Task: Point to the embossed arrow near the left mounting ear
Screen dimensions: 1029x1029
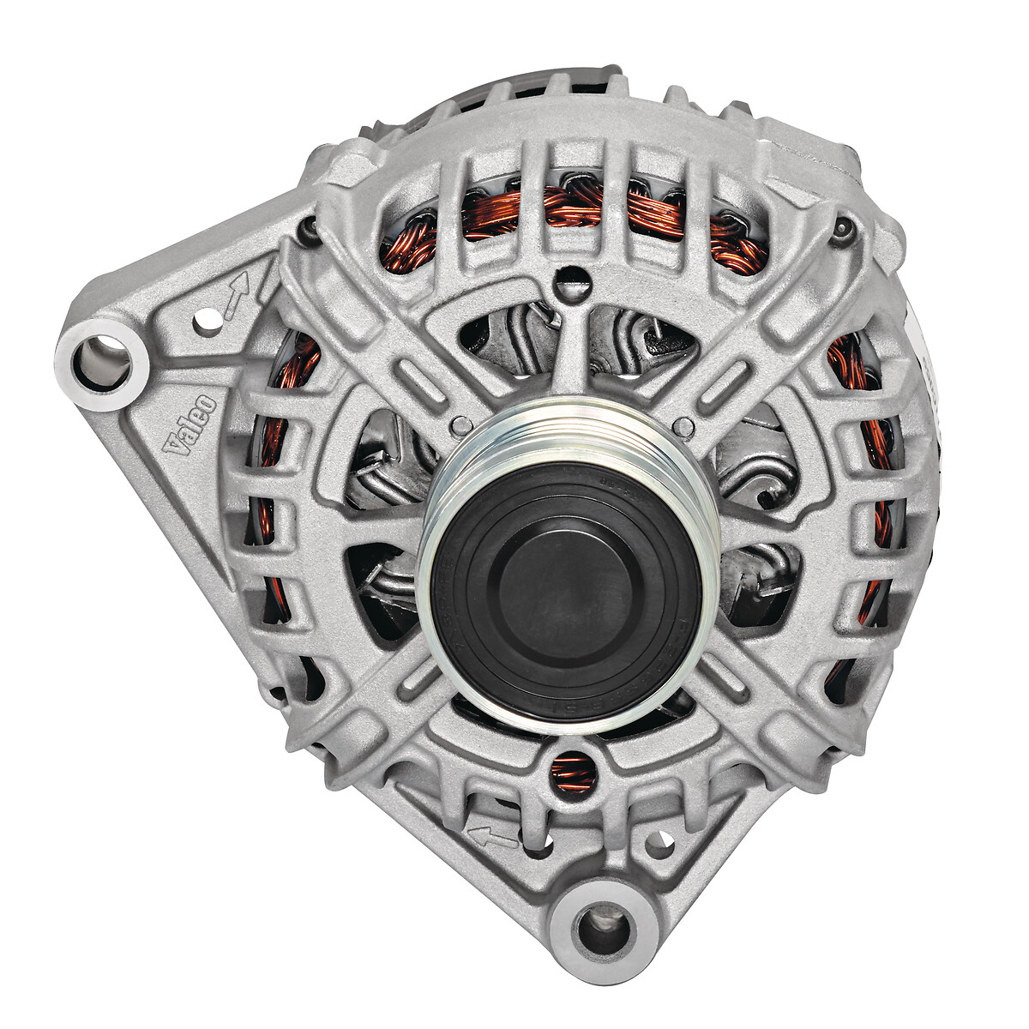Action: tap(237, 296)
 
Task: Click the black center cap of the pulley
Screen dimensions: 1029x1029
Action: tap(566, 592)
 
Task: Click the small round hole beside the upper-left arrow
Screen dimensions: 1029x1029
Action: tap(204, 322)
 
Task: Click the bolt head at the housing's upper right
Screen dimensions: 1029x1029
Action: tap(844, 228)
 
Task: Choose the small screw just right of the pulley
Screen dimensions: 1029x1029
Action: tap(683, 426)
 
